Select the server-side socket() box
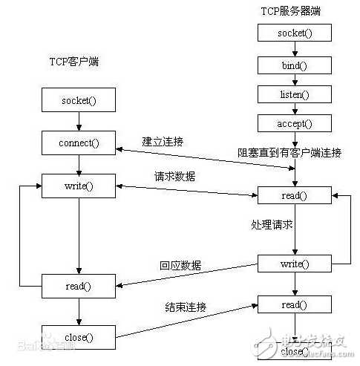pos(295,33)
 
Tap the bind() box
pos(295,65)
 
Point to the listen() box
pos(295,94)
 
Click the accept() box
pos(295,123)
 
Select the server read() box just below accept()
pos(295,196)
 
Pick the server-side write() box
pos(295,264)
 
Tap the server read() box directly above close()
pos(295,304)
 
